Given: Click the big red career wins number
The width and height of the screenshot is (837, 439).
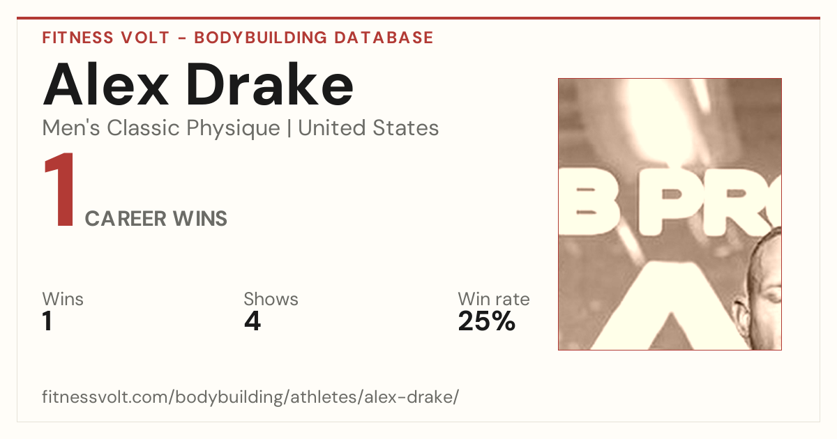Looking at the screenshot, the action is point(60,190).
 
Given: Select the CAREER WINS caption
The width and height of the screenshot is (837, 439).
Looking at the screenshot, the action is point(156,219).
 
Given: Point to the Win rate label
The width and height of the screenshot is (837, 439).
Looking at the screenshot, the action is point(494,299).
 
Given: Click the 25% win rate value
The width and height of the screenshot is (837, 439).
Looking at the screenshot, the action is point(487,321).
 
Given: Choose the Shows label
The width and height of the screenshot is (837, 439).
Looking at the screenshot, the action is point(271,299).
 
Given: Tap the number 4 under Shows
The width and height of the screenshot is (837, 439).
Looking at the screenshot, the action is point(252,321).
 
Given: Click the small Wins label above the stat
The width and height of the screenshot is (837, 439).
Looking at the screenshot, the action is point(63,299).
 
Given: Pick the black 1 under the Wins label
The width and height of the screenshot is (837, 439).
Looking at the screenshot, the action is point(47,321).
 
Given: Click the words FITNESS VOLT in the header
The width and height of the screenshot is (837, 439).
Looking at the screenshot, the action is point(106,38).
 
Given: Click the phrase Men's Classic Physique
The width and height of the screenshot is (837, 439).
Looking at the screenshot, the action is point(161,128).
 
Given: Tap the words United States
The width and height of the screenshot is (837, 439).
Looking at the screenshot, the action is point(368,128).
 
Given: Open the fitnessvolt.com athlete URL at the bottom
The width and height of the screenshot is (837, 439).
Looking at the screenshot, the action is point(250,396).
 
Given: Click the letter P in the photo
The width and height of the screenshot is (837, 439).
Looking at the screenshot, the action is point(669,205).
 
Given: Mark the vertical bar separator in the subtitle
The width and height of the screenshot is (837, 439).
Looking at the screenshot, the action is point(289,128).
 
